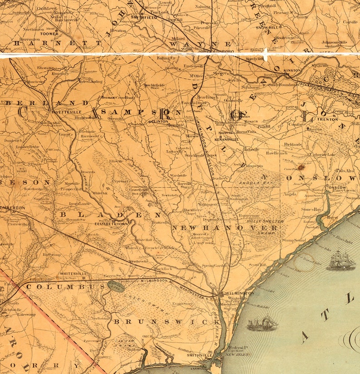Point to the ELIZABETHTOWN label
click(x=111, y=224)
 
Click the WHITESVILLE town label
click(x=73, y=274)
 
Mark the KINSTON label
click(x=292, y=71)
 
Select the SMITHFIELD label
click(x=144, y=17)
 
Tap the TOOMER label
click(x=49, y=34)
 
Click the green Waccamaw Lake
click(x=116, y=286)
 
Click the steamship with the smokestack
click(x=263, y=323)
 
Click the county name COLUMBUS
click(x=66, y=287)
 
